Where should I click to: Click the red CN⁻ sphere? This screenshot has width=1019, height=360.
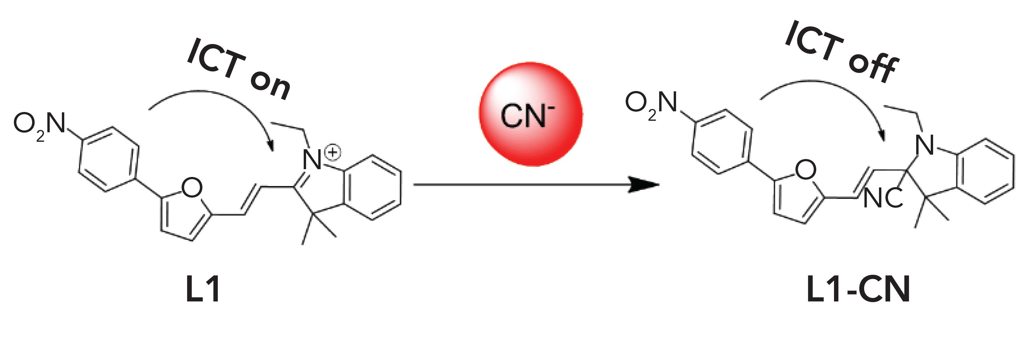530,114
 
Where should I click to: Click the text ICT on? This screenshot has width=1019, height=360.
239,70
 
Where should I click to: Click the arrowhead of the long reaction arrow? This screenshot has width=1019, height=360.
645,185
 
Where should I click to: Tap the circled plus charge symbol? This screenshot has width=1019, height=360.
333,152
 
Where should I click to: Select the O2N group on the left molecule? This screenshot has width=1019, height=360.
39,124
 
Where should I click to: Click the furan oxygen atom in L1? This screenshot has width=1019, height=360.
192,187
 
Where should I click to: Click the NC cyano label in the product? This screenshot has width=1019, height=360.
883,199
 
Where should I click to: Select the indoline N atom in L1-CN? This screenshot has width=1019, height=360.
926,145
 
